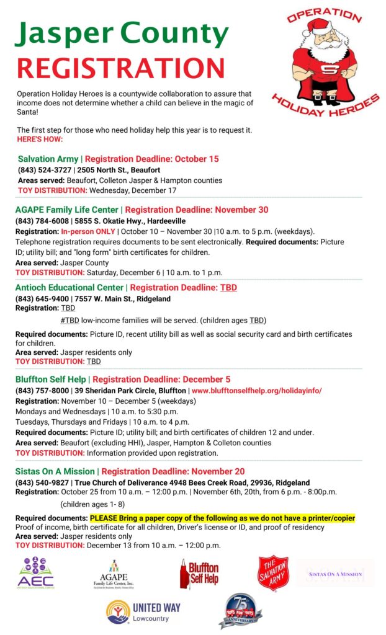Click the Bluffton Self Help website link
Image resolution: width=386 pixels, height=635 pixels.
[256, 391]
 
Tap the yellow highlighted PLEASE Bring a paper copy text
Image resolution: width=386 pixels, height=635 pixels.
[222, 518]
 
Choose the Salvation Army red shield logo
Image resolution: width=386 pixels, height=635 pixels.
[274, 573]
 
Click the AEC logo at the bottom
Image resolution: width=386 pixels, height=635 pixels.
[37, 574]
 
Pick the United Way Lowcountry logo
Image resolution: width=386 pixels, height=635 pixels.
[143, 611]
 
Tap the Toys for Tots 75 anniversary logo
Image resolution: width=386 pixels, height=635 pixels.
[240, 611]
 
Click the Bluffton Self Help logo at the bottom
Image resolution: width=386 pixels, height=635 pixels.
[199, 574]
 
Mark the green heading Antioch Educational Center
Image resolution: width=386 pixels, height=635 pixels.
[70, 288]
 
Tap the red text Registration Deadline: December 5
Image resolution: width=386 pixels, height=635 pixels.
[161, 379]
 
